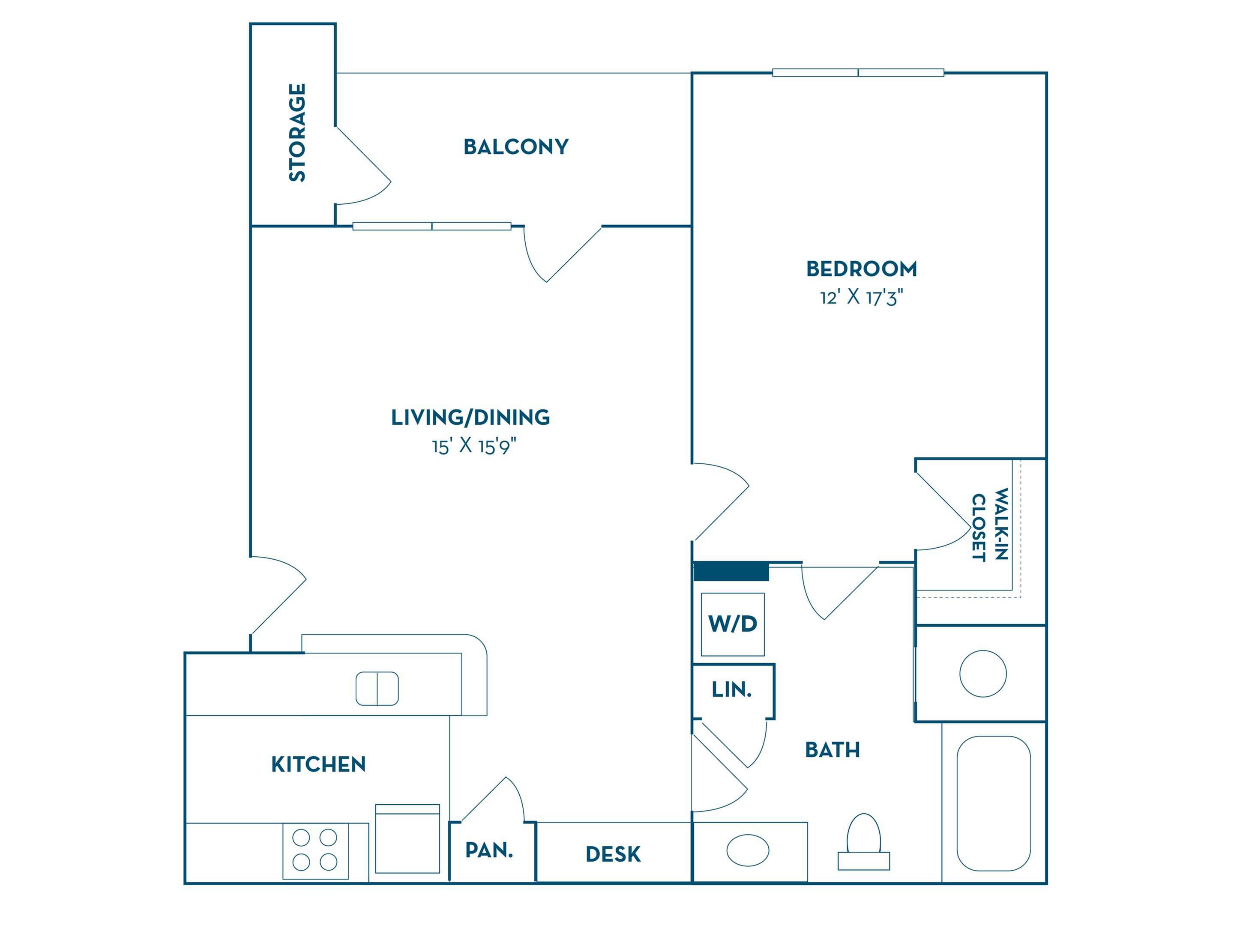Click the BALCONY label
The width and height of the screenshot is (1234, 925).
tap(516, 146)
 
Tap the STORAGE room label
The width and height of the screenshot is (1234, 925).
tap(297, 133)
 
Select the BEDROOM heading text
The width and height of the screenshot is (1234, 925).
tap(861, 269)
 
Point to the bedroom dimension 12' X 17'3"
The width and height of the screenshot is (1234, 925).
tap(861, 298)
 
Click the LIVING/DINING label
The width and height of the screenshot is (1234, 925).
tap(470, 418)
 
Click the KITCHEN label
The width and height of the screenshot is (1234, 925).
tap(318, 764)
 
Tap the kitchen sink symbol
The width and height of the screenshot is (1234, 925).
tap(377, 689)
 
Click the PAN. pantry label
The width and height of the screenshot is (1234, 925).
tap(489, 850)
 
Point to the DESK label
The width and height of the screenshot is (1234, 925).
tap(613, 855)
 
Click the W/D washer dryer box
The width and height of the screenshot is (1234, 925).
tap(733, 624)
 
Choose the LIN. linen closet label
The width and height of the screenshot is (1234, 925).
tap(732, 690)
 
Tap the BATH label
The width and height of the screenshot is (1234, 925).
tap(833, 750)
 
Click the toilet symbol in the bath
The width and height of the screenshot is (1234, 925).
tap(863, 842)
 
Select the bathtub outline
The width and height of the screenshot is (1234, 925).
tap(994, 803)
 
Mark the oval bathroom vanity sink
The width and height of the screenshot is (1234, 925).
tap(748, 850)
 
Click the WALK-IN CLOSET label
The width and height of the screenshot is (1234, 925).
tap(990, 524)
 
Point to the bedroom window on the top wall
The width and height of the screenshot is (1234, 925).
tap(858, 72)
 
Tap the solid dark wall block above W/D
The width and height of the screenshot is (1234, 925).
tap(731, 572)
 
